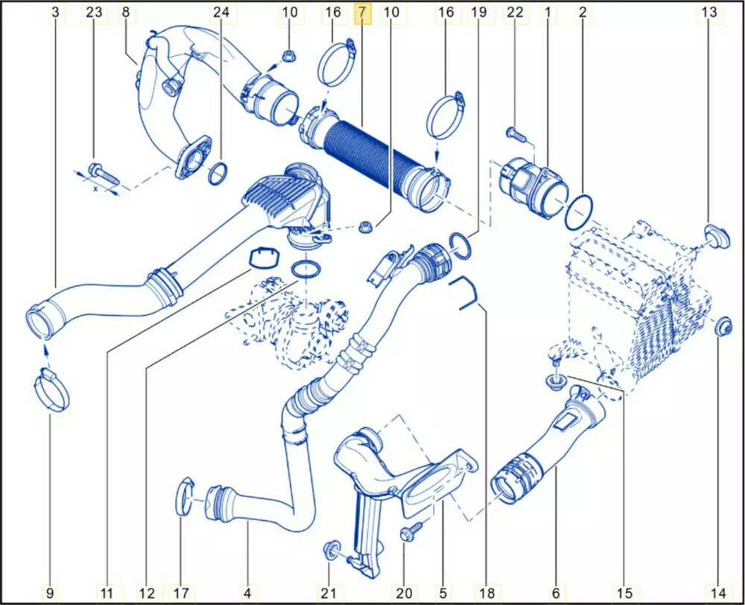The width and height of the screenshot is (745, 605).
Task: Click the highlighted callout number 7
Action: (361, 13)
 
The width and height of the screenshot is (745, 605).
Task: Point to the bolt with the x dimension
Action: (103, 174)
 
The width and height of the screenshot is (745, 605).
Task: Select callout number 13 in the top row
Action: (710, 13)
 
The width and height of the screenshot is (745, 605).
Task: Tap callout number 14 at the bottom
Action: (718, 593)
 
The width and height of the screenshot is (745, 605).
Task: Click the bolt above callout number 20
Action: (408, 533)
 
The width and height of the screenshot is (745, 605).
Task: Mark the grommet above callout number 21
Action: (329, 551)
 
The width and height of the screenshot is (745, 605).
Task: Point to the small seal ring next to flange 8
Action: (218, 174)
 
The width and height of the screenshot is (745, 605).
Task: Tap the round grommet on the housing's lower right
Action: (721, 327)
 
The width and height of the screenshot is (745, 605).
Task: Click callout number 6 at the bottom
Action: (556, 593)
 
